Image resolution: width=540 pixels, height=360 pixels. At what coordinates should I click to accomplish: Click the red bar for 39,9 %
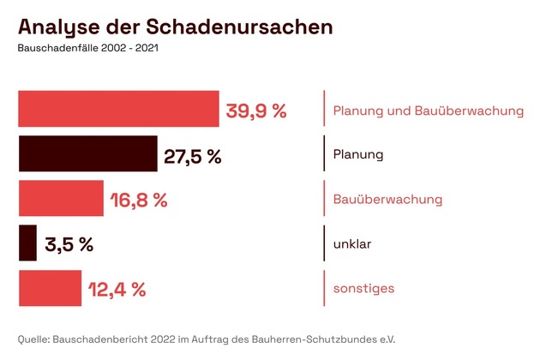(118, 109)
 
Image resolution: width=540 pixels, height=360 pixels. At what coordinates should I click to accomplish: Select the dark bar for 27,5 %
(87, 154)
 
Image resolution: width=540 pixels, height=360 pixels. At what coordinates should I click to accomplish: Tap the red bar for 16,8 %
(61, 199)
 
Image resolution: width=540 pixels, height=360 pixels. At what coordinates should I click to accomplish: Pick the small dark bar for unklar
(27, 243)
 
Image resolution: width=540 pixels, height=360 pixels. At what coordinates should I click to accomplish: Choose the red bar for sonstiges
(50, 288)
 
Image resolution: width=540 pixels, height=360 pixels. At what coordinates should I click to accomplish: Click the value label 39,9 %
(255, 111)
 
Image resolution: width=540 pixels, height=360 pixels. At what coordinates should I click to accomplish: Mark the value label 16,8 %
(139, 201)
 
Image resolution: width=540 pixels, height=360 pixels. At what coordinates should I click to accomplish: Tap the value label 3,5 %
(69, 245)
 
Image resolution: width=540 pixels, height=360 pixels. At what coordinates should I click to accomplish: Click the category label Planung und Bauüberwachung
(428, 111)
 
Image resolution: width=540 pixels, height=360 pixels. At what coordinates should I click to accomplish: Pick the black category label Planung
(357, 155)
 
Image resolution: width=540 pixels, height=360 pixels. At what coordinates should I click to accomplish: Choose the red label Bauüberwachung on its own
(387, 200)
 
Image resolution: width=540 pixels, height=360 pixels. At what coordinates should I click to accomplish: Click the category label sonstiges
(363, 289)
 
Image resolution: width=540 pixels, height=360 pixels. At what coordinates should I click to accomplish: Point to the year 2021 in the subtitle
(145, 48)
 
